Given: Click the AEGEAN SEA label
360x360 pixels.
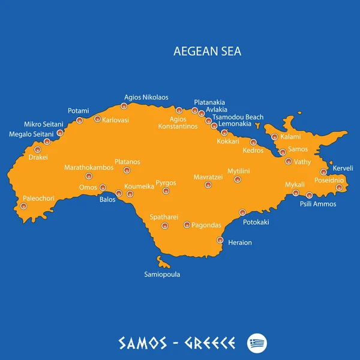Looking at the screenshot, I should click(x=208, y=52).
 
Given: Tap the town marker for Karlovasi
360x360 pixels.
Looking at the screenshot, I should click(x=98, y=119).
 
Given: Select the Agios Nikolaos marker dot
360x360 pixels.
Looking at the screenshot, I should click(x=124, y=106).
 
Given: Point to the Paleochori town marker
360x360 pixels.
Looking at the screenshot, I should click(x=23, y=206).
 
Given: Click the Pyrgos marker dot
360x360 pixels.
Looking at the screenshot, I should click(x=166, y=191).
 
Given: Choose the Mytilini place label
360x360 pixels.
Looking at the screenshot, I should click(x=238, y=171).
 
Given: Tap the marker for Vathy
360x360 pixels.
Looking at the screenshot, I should click(x=289, y=161).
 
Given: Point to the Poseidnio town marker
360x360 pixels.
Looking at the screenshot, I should click(x=338, y=188).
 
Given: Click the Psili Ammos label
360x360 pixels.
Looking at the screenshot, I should click(x=318, y=204).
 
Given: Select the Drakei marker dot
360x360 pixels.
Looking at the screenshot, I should click(x=38, y=149).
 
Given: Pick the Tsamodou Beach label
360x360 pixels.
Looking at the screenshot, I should click(x=237, y=117).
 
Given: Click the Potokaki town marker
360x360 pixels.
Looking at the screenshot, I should click(x=243, y=212).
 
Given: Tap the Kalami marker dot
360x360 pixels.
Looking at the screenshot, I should click(x=275, y=137).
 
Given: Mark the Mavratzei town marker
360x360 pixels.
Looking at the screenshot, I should click(x=208, y=185).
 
